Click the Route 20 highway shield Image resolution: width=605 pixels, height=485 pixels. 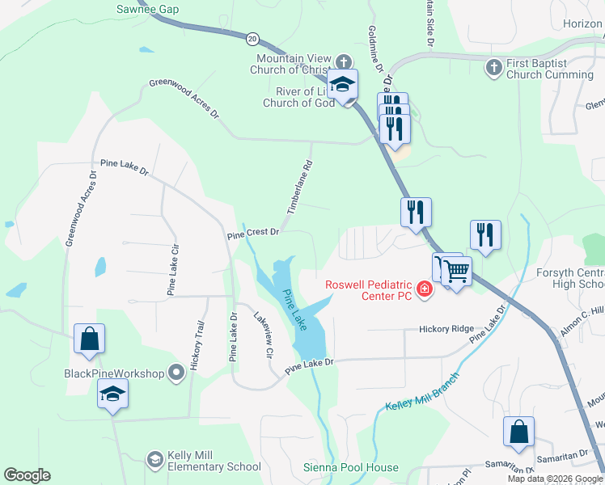point(253,38)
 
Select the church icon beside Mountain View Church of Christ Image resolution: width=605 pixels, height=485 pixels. point(344,61)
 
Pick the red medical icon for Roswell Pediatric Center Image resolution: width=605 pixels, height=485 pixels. point(424,289)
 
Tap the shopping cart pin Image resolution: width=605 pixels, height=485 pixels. point(456,272)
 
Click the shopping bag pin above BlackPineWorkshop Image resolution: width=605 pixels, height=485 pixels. point(89,339)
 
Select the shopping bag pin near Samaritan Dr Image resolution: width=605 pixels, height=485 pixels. point(518,432)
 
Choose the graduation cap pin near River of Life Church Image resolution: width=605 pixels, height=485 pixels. point(343,85)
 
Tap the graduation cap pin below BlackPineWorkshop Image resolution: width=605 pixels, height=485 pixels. point(112,394)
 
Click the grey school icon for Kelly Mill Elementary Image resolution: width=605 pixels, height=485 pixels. point(154,459)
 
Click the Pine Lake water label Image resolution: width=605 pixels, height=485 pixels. point(294,309)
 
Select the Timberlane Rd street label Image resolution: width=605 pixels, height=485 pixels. point(298,188)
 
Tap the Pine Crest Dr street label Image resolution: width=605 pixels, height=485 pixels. point(253,232)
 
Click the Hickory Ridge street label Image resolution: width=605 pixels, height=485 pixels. point(446,329)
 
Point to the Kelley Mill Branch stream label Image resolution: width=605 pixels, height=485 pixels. point(422,391)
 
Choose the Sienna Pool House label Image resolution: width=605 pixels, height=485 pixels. point(350,467)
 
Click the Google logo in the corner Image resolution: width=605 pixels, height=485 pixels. point(27,475)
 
